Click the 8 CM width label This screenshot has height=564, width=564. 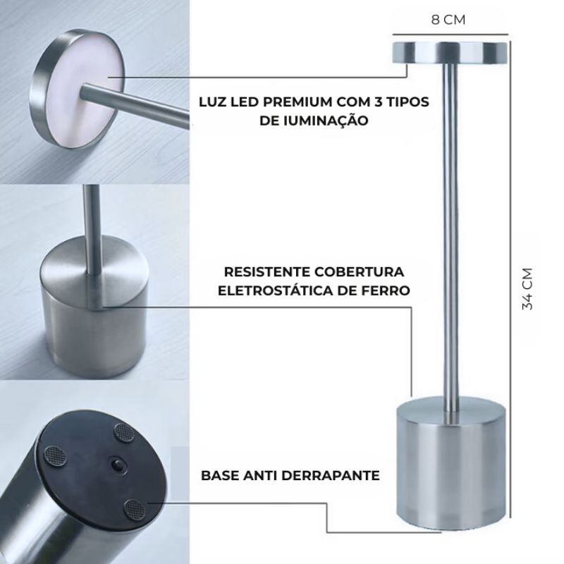[x=448, y=19]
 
